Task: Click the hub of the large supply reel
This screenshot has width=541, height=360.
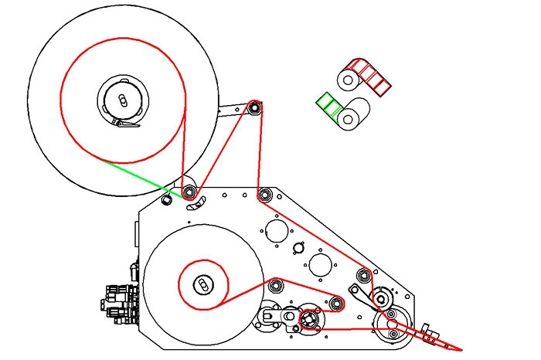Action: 122,98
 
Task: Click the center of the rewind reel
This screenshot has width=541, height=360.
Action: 202,285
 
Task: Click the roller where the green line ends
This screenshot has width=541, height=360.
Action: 188,191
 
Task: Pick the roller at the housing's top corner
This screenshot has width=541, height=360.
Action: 264,193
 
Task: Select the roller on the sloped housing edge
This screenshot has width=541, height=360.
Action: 363,273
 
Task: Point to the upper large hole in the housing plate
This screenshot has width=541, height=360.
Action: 275,229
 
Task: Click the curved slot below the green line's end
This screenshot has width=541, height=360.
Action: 196,203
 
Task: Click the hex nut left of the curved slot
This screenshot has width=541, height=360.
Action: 165,200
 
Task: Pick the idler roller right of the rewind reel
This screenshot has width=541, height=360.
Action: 336,304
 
